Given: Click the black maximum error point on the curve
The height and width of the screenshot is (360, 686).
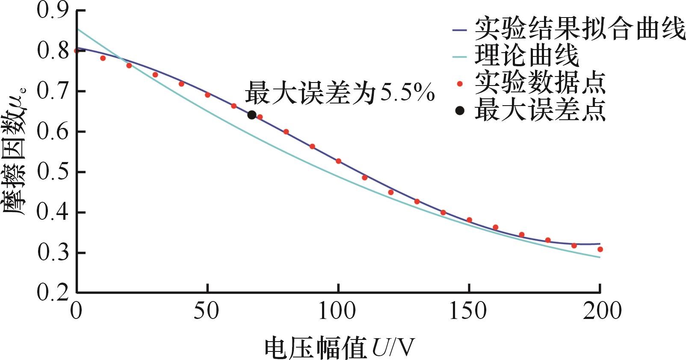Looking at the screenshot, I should tap(252, 115).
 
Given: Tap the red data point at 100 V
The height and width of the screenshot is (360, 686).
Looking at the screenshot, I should tap(338, 161).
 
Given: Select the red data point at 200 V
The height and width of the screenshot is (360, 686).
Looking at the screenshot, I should tap(600, 249).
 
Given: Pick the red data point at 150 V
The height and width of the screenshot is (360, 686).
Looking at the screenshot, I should tap(469, 220).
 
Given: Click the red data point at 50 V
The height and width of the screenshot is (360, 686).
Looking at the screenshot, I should tap(207, 95).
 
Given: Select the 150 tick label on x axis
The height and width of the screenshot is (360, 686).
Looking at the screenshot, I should tap(468, 311).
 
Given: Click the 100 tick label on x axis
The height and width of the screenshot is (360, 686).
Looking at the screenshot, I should tap(337, 311).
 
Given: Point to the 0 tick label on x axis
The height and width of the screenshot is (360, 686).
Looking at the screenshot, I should tap(76, 311).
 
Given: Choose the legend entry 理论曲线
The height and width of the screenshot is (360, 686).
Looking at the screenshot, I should tap(527, 56).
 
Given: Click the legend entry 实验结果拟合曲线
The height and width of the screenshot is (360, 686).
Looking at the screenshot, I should tap(580, 29).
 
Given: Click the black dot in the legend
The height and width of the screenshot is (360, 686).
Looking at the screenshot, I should tap(460, 111).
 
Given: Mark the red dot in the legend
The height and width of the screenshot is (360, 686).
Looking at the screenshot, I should tap(460, 84).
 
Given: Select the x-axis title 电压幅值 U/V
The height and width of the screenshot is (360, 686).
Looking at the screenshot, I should tap(340, 347).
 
